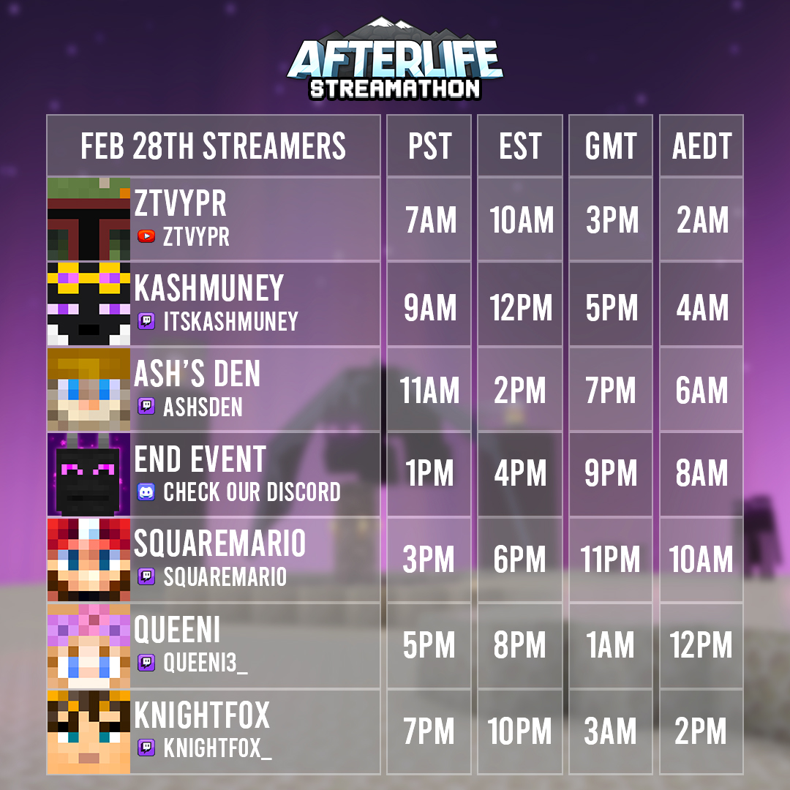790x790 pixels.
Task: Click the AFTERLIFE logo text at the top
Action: (395, 62)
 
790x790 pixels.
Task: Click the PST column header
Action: (429, 146)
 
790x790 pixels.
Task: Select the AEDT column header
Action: (701, 146)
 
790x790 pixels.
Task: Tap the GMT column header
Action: (611, 146)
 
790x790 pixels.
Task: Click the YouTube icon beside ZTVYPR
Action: (146, 236)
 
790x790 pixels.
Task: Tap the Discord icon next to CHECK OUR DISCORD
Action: (146, 492)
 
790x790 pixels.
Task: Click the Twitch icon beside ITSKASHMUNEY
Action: (146, 321)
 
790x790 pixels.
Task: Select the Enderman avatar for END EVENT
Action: (89, 475)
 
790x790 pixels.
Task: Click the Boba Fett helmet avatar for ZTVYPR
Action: (89, 219)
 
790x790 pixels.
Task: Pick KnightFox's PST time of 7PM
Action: (429, 731)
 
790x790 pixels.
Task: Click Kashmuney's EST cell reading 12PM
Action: (521, 309)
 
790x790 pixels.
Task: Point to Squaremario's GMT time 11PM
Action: (611, 560)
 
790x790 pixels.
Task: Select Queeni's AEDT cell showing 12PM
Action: (701, 645)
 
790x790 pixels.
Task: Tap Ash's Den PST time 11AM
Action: (429, 391)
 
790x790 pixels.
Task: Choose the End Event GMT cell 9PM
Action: (611, 474)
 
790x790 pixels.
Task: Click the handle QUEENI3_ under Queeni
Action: (206, 663)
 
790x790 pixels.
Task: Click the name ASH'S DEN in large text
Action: (197, 375)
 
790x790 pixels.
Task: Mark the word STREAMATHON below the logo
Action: (395, 89)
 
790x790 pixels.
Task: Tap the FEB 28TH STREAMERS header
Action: (213, 146)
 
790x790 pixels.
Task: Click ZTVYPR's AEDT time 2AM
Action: (701, 220)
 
